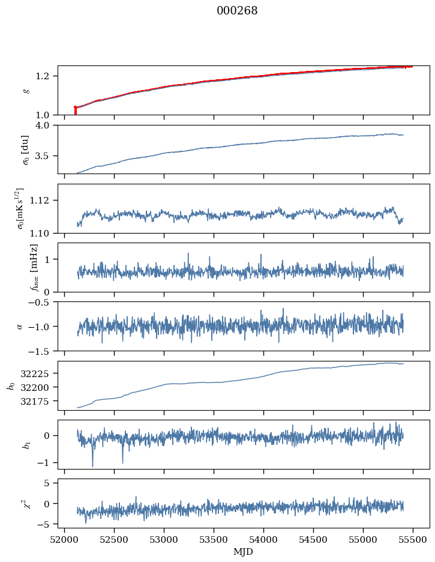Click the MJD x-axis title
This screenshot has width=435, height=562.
coord(244,551)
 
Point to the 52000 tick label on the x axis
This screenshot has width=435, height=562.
coord(64,539)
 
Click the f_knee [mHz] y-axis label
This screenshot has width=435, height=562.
coord(34,267)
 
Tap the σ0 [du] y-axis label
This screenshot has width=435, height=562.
coord(25,150)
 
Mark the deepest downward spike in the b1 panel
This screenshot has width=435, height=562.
coord(92,465)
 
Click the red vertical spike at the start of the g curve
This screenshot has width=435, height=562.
coord(75,110)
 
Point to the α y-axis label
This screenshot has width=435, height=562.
coord(20,326)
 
